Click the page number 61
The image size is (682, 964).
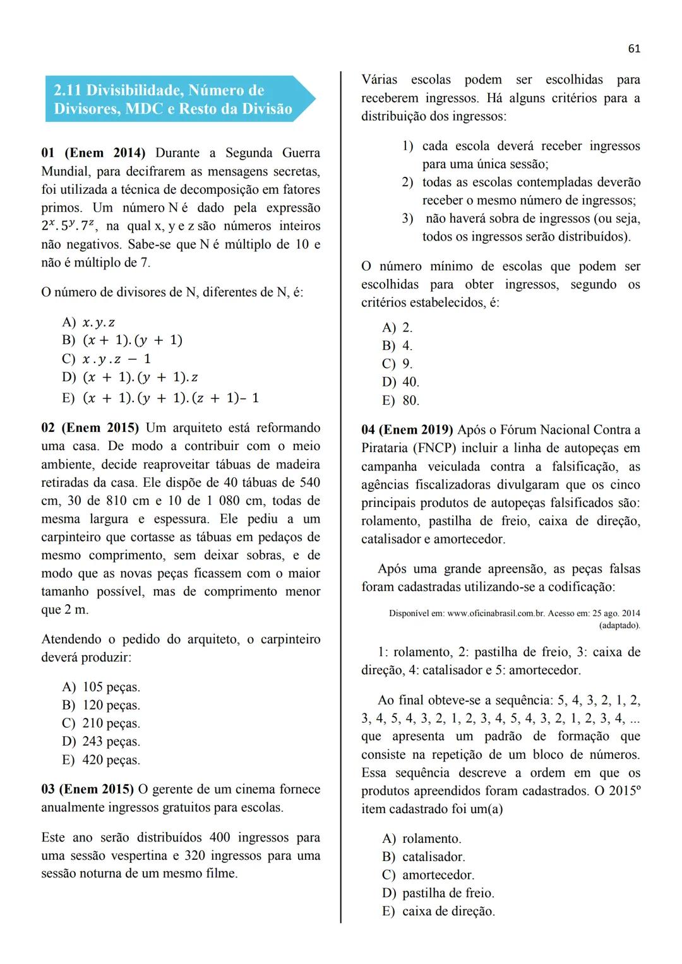tap(634, 49)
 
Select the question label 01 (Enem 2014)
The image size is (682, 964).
tap(93, 153)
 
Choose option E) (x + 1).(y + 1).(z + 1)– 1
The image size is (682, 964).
tap(160, 398)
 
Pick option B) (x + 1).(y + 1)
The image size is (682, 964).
tap(123, 340)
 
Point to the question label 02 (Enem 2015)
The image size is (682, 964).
tap(90, 427)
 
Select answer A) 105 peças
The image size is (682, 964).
tap(101, 687)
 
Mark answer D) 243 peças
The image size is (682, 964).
tap(101, 742)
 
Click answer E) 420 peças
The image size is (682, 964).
tap(101, 760)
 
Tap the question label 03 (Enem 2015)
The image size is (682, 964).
tap(87, 789)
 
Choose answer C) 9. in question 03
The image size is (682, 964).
tap(397, 364)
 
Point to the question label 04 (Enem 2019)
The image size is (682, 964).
tap(407, 430)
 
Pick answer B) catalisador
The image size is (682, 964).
tap(423, 857)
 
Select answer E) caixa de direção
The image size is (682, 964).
tap(438, 912)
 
